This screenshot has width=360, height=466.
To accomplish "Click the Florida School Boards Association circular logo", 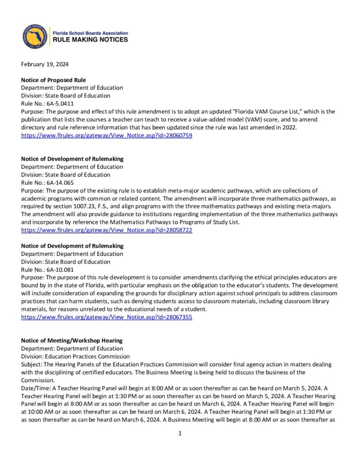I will point(35,36).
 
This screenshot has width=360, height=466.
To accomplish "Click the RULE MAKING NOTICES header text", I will point(91,40).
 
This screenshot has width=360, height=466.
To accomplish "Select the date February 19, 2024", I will point(45,64).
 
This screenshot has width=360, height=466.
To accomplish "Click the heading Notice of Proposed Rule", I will point(53,80).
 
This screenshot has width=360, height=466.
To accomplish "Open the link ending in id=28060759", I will point(106,135).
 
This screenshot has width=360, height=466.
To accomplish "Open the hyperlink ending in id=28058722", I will point(106,230).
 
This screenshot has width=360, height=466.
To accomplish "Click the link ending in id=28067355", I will point(106,317).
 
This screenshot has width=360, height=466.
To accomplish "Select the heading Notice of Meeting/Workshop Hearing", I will point(71,340).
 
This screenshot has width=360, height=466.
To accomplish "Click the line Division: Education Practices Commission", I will point(75,356).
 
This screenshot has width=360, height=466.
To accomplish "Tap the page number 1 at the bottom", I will point(180,434).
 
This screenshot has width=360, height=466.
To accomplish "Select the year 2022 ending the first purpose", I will point(289,127).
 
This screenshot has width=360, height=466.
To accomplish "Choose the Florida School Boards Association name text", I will point(91,33).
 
